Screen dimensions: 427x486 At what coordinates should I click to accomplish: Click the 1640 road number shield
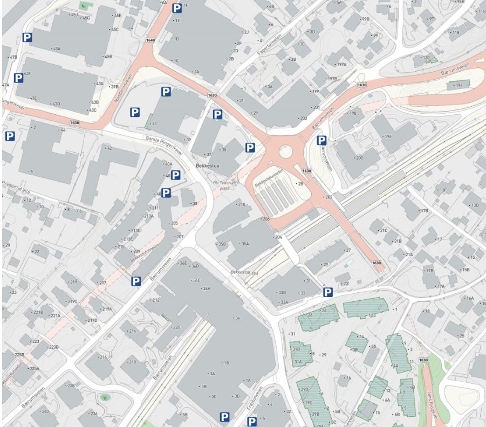tap(150, 40)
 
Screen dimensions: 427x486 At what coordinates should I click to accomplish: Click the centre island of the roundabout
tap(285, 151)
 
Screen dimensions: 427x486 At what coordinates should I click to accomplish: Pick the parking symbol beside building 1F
tap(177, 8)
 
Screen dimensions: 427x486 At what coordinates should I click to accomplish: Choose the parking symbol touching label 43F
tap(18, 78)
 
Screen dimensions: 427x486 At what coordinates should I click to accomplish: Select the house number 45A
tap(56, 49)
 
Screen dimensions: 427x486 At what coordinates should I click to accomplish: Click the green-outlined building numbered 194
tap(458, 85)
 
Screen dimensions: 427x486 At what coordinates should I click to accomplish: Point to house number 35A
tap(245, 244)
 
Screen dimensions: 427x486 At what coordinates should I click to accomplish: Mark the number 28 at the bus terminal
tap(300, 184)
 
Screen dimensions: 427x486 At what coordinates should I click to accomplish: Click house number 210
tap(242, 204)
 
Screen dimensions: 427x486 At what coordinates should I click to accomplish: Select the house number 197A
tap(341, 64)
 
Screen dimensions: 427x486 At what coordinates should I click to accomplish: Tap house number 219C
tap(72, 301)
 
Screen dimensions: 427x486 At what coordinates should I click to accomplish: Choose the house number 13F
tap(443, 190)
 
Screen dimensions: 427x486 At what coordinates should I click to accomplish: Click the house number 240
tap(45, 411)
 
